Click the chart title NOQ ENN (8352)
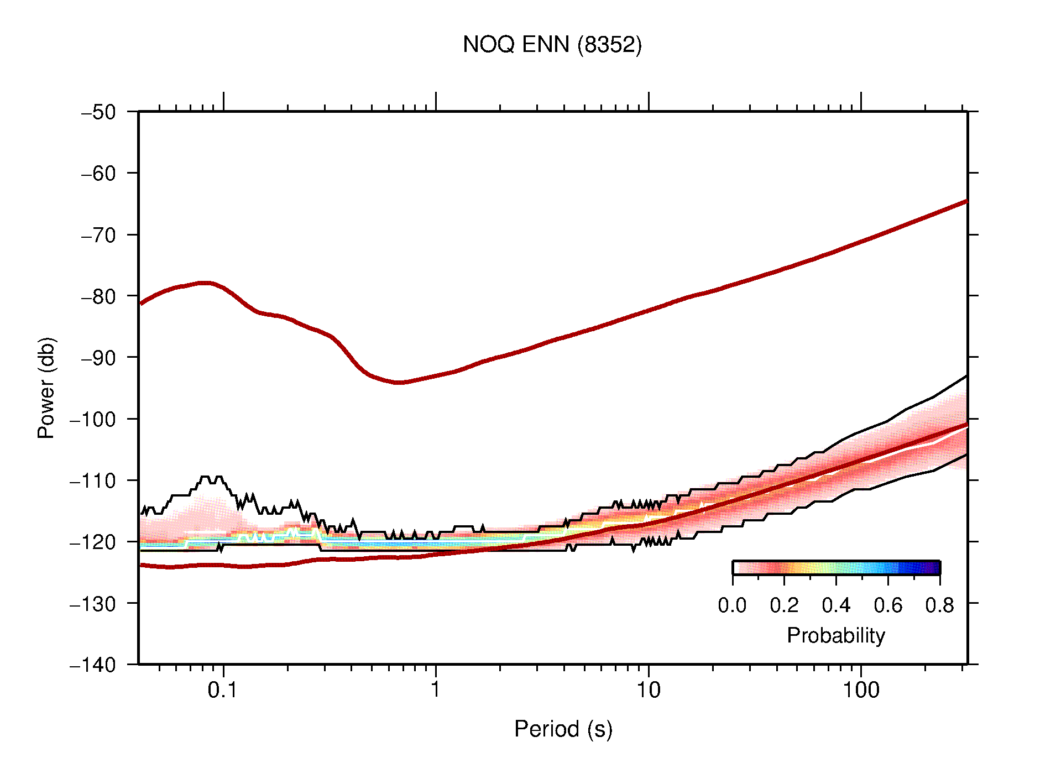tap(552, 44)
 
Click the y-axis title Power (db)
tap(46, 388)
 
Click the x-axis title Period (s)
tap(563, 729)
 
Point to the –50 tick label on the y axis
tap(98, 112)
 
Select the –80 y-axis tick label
tap(98, 296)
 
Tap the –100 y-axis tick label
tap(93, 419)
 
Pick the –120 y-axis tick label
tap(93, 542)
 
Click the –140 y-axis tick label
tap(93, 665)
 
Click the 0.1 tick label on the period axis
tap(223, 690)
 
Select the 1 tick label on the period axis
tap(436, 690)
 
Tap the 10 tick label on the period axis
tap(648, 690)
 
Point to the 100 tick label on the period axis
tap(860, 690)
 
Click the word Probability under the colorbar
tap(835, 635)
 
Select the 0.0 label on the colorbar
tap(732, 605)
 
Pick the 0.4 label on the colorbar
tap(835, 605)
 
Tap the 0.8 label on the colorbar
tap(939, 605)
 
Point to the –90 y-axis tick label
tap(98, 358)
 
